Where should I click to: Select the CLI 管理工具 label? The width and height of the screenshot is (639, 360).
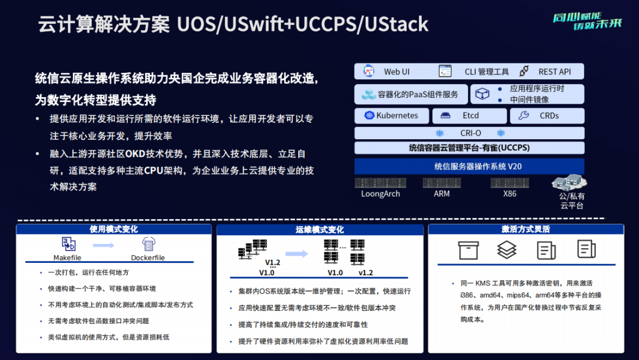pyautogui.click(x=486, y=72)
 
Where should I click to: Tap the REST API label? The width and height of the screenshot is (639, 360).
pyautogui.click(x=554, y=72)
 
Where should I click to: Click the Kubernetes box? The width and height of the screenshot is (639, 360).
pyautogui.click(x=391, y=115)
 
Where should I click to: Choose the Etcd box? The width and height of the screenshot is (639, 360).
pyautogui.click(x=469, y=115)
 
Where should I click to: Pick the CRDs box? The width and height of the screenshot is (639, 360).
pyautogui.click(x=547, y=115)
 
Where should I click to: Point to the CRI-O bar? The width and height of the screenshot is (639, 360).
pyautogui.click(x=470, y=133)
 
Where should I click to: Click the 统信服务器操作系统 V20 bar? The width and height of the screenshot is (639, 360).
pyautogui.click(x=470, y=166)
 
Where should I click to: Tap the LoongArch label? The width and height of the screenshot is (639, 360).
pyautogui.click(x=380, y=194)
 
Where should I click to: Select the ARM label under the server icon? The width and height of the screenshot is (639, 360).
pyautogui.click(x=441, y=194)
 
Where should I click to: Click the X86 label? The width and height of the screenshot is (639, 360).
pyautogui.click(x=509, y=194)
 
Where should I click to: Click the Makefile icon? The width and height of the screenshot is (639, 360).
pyautogui.click(x=68, y=243)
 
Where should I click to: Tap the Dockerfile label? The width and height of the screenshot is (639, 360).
pyautogui.click(x=147, y=258)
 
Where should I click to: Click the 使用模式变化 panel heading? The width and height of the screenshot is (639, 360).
pyautogui.click(x=114, y=229)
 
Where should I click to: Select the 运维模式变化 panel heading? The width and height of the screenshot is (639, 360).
pyautogui.click(x=319, y=229)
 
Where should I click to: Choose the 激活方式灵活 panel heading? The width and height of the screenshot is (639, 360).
pyautogui.click(x=525, y=229)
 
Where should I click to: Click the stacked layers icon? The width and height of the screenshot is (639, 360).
pyautogui.click(x=506, y=250)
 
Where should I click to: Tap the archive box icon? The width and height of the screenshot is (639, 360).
pyautogui.click(x=468, y=250)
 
